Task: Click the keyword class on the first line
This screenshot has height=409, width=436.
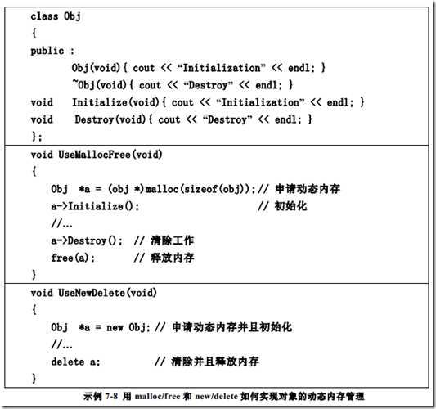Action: coord(44,16)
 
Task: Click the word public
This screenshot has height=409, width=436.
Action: coord(47,51)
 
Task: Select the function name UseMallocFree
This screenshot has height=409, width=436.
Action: coord(94,155)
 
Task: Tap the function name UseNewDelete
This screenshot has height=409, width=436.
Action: coord(92,293)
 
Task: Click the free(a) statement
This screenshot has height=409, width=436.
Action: coord(73,258)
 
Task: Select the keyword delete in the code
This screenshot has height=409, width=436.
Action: coord(68,362)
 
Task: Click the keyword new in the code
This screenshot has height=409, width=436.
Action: coord(115,327)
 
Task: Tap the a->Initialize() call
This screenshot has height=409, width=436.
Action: coord(95,206)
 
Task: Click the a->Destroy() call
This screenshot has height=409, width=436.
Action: coord(87,240)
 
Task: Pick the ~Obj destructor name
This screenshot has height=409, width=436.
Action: coord(83,85)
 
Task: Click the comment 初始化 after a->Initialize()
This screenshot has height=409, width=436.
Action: coord(291,206)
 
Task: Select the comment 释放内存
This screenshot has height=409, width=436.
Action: coord(173,258)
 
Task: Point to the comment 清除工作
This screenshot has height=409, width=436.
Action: coord(173,240)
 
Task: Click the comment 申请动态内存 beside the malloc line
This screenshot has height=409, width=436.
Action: coord(308,189)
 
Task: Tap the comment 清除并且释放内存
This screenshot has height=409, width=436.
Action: coord(215,362)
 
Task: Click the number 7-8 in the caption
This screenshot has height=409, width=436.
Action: coord(111,396)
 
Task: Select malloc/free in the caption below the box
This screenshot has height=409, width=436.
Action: coord(157,396)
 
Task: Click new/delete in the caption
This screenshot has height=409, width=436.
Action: coord(216,396)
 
